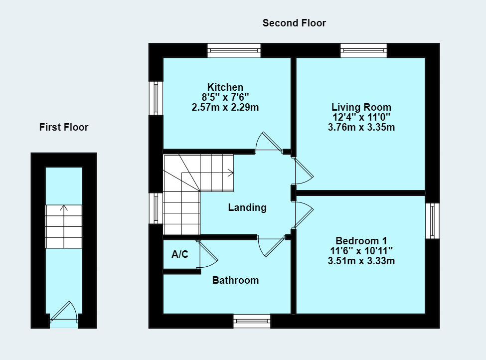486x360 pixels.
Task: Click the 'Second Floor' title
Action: tap(294, 23)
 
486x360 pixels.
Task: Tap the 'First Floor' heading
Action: tap(64, 127)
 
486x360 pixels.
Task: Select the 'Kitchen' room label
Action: tap(225, 87)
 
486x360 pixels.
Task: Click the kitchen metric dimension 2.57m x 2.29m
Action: tap(225, 107)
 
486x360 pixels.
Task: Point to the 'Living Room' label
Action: tap(361, 107)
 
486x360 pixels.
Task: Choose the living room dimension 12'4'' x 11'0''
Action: tap(361, 117)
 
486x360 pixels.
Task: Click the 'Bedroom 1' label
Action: tap(361, 240)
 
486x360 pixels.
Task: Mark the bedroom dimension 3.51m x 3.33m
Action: tap(361, 260)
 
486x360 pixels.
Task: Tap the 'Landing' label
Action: tap(247, 207)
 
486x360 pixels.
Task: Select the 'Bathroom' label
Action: tap(235, 280)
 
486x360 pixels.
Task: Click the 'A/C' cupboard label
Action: tap(180, 255)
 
